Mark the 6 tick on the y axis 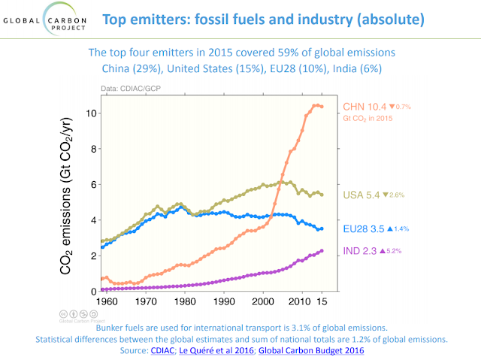tap(91, 184)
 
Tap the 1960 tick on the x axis tap(109, 302)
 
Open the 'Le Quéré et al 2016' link tap(221, 349)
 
